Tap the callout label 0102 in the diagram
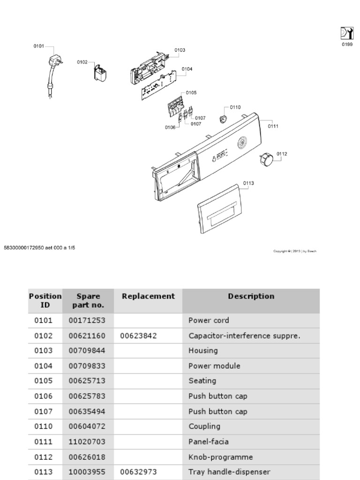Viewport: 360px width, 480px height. [x=82, y=62]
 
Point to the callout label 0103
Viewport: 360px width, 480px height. [x=180, y=50]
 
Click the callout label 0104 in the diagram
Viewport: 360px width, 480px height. [x=187, y=69]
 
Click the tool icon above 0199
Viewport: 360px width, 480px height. [x=346, y=34]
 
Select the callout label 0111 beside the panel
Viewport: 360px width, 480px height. [x=273, y=126]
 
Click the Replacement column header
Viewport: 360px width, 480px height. [x=148, y=296]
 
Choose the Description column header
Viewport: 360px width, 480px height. [x=251, y=296]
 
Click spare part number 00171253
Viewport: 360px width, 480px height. [x=87, y=321]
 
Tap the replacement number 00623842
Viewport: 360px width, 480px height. [x=138, y=336]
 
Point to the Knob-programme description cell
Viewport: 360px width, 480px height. [x=220, y=457]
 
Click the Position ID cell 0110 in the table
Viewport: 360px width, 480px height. [x=44, y=427]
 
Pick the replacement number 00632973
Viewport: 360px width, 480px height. [x=138, y=472]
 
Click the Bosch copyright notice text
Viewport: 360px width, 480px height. [x=295, y=251]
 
